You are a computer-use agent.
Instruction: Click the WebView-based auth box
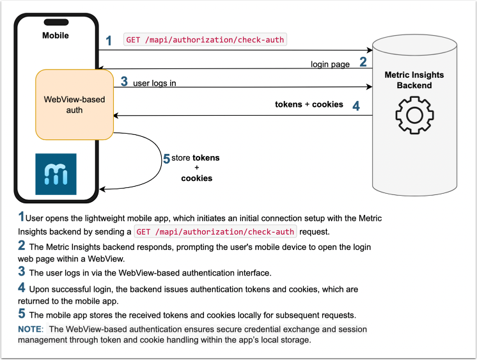click(x=74, y=105)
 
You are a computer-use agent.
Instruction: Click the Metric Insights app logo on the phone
click(x=56, y=174)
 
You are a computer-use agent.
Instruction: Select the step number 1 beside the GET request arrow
click(x=109, y=41)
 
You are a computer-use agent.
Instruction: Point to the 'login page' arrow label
click(x=329, y=64)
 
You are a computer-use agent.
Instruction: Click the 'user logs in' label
click(x=155, y=83)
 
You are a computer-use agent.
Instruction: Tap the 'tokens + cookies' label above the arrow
click(x=309, y=104)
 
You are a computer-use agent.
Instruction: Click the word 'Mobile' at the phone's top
click(x=56, y=35)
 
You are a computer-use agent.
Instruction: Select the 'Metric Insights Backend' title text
click(x=414, y=80)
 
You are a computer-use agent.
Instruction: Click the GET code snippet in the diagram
click(x=205, y=40)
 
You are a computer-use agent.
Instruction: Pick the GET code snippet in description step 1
click(x=215, y=231)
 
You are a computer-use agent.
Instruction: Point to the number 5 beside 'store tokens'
click(x=166, y=159)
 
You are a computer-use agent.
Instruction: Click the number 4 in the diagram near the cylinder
click(x=356, y=105)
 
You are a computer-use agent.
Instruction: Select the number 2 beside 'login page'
click(x=363, y=63)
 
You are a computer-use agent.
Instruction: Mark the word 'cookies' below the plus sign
click(x=196, y=178)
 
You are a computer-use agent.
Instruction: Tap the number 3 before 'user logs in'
click(x=124, y=82)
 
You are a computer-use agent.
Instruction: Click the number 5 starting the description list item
click(x=22, y=314)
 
